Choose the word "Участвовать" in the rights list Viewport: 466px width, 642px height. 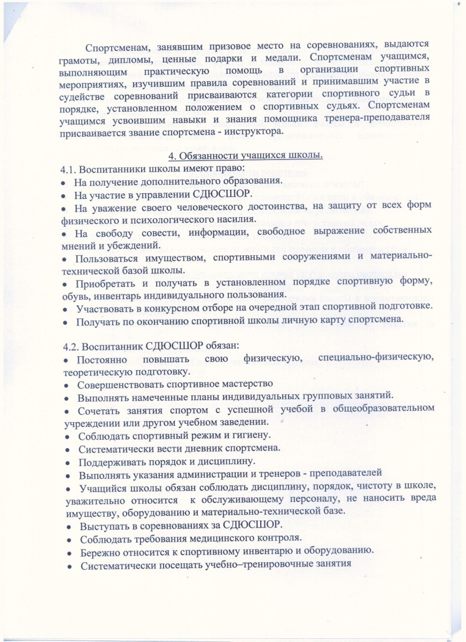click(x=105, y=309)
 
